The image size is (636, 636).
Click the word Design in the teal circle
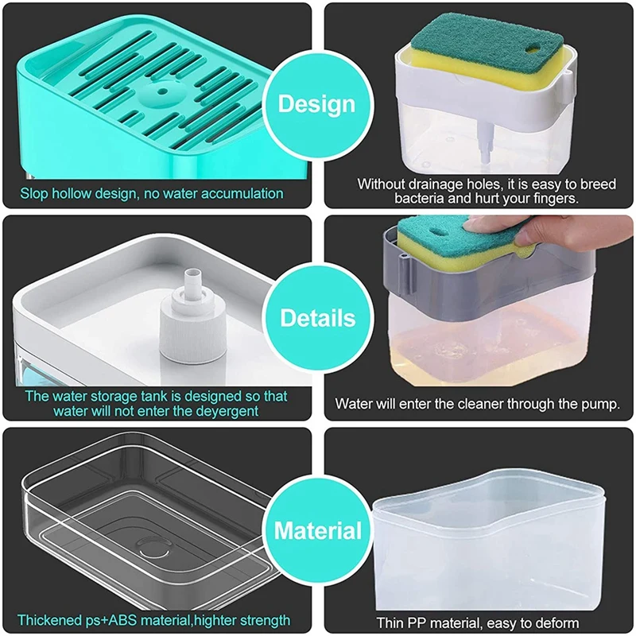pos(316,105)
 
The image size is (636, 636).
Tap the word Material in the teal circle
pos(317,530)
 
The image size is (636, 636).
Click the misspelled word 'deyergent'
pos(227,411)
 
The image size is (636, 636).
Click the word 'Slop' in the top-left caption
pos(34,193)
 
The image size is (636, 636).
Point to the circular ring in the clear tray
pos(154,549)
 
